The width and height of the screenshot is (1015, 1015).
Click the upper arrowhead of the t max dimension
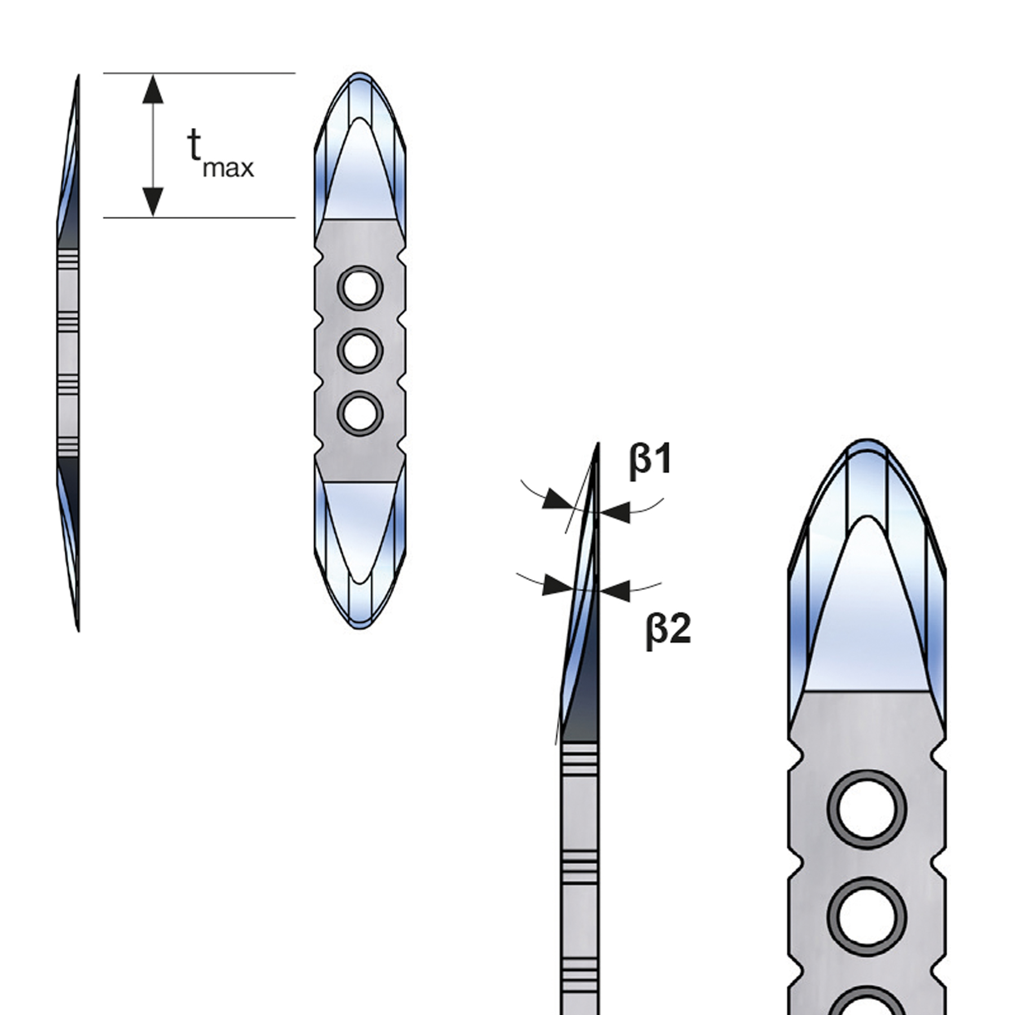click(x=153, y=89)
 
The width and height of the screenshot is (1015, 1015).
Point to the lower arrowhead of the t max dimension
click(x=153, y=201)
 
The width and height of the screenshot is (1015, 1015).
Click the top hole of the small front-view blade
click(x=360, y=288)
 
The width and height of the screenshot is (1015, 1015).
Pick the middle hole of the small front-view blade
click(x=360, y=351)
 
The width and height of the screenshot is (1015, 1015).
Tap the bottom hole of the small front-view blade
click(x=360, y=413)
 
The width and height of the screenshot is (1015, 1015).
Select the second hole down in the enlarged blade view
click(x=867, y=917)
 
